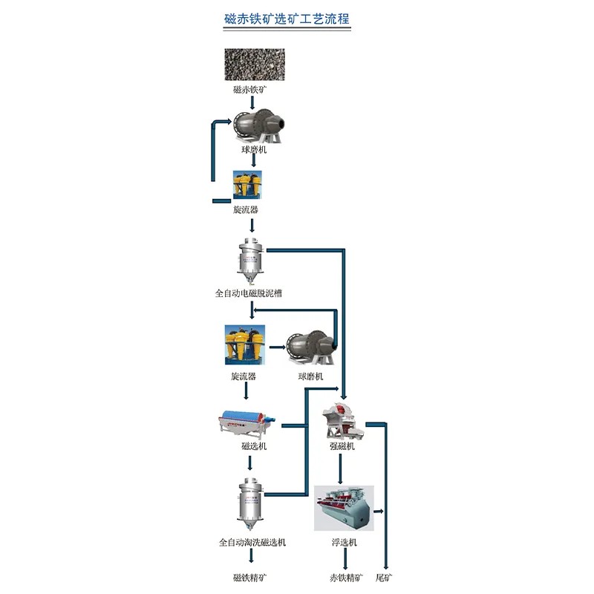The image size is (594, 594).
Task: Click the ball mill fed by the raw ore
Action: click(x=258, y=124)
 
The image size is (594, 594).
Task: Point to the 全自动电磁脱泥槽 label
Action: click(x=249, y=293)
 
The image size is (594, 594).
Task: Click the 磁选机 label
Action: click(x=253, y=446)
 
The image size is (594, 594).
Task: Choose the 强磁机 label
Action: click(x=342, y=446)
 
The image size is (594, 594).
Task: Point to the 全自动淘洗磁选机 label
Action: click(x=252, y=542)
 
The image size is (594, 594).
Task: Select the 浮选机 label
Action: click(x=345, y=542)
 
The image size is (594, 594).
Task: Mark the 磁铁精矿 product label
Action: click(x=251, y=577)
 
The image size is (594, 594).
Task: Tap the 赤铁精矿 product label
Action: click(x=346, y=577)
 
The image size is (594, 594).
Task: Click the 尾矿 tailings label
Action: click(x=384, y=577)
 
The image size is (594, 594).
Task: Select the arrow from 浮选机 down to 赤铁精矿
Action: click(x=345, y=558)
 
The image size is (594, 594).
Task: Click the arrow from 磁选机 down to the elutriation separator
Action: click(x=252, y=463)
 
